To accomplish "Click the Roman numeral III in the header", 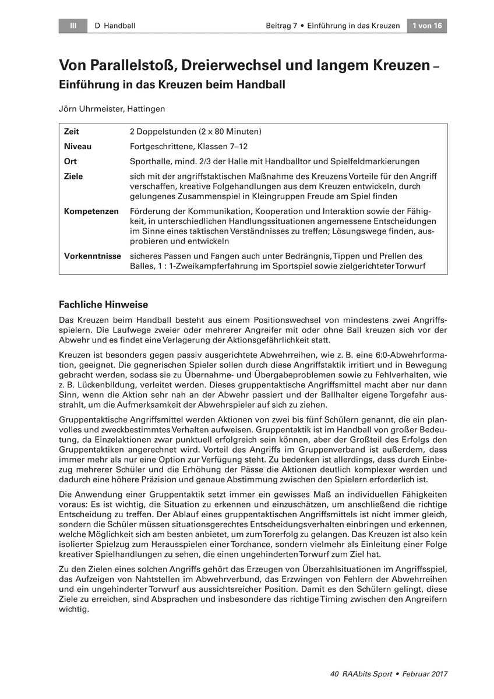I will [x=73, y=26].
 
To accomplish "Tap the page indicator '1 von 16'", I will [x=427, y=26].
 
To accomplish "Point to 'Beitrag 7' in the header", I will [x=283, y=26].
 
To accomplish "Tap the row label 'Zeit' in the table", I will [x=72, y=132].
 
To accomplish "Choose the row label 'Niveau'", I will [x=77, y=147].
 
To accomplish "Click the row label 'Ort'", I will [x=70, y=161].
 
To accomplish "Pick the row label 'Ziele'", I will [x=73, y=176].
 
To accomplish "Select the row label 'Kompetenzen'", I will [x=91, y=211].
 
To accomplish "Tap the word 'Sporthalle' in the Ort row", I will [x=151, y=161].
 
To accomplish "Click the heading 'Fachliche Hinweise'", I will [x=104, y=305].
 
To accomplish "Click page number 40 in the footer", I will [x=334, y=674].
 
